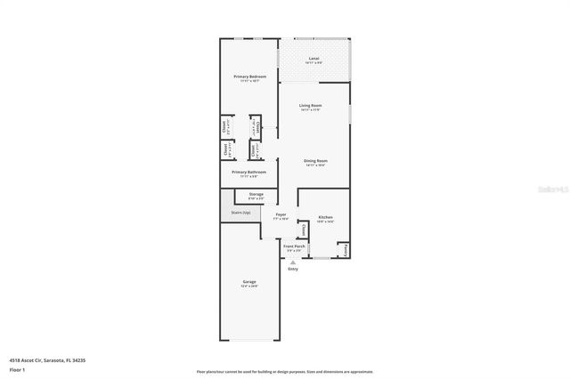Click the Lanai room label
coord(313,59)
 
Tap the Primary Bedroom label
coord(249,77)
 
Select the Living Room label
coord(310,106)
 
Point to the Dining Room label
coord(314,160)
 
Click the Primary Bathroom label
coord(249,173)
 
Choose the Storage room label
coord(256,194)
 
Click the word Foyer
coord(281,215)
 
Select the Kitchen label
coord(326,217)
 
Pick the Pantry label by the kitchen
coord(345,250)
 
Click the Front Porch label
coord(295,246)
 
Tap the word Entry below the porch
coord(293,269)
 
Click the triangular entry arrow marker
coord(293,262)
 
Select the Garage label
coord(249,281)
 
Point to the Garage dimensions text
coord(249,286)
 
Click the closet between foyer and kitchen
coord(304,230)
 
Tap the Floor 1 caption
coord(16,368)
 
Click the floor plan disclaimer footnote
coord(285,372)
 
